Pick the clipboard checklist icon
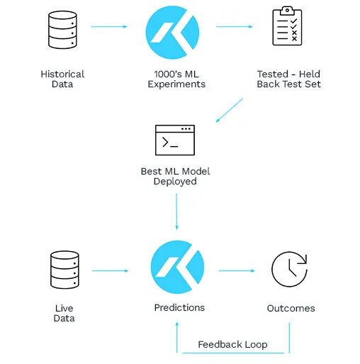[x=287, y=28]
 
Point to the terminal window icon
[x=175, y=140]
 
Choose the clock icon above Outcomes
[x=289, y=270]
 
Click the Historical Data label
[x=62, y=79]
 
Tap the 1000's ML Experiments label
[x=176, y=79]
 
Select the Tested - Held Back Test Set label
[x=288, y=79]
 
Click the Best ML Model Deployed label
[x=175, y=176]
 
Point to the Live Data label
[x=64, y=313]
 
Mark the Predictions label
[x=179, y=307]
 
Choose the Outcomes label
[x=291, y=308]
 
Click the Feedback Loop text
[x=232, y=344]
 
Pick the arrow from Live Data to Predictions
[x=111, y=270]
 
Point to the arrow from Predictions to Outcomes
[x=237, y=270]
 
